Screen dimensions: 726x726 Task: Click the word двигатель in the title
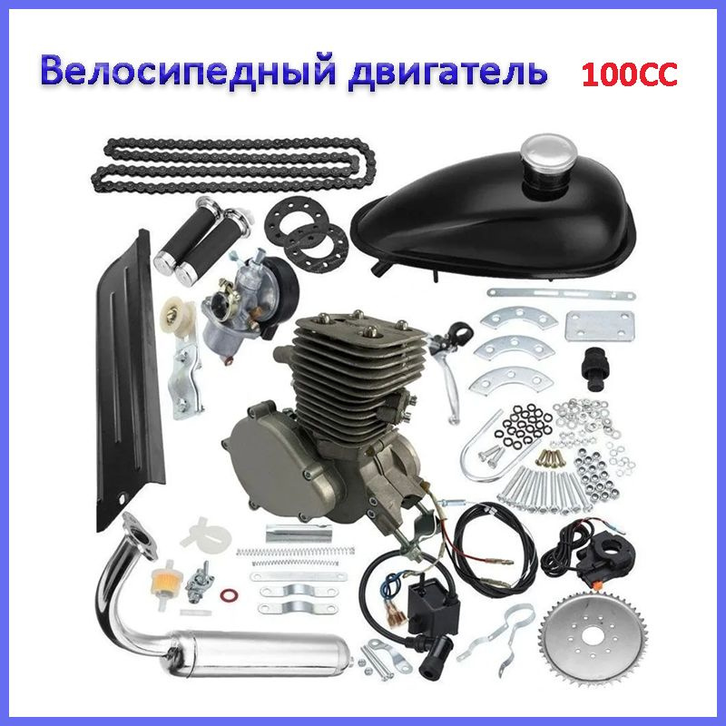pyautogui.click(x=448, y=71)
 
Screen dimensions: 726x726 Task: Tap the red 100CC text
pyautogui.click(x=629, y=74)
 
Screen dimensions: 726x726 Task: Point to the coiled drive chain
pyautogui.click(x=234, y=164)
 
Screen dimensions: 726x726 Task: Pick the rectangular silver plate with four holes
pyautogui.click(x=600, y=326)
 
